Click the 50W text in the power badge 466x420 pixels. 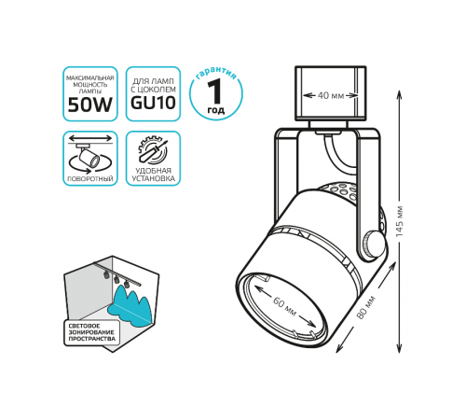click(x=90, y=105)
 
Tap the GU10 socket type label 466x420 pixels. click(x=153, y=103)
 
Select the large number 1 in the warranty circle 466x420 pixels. click(x=214, y=91)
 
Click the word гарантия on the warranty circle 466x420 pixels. click(x=216, y=73)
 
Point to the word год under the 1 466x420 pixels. click(x=216, y=110)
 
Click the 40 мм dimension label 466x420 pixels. click(x=331, y=95)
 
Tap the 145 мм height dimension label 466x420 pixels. click(x=399, y=221)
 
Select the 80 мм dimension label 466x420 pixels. click(x=366, y=307)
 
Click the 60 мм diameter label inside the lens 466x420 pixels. click(x=284, y=306)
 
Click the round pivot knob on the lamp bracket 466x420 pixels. click(x=373, y=244)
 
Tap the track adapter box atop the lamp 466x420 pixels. click(x=330, y=93)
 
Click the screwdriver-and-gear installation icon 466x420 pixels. click(x=153, y=150)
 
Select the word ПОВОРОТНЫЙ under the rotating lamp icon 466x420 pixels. click(x=90, y=179)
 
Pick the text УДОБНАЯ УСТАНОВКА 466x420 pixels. click(x=153, y=175)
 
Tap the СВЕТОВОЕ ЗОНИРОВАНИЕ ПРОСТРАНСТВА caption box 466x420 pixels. click(x=91, y=332)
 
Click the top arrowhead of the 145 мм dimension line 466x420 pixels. click(x=399, y=94)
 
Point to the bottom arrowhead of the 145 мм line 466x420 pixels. click(x=399, y=349)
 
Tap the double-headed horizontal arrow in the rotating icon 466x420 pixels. click(x=90, y=138)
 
